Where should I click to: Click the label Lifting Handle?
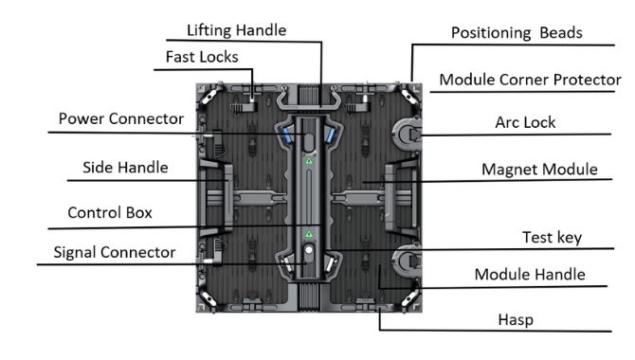[236, 30]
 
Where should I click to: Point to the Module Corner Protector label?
[530, 81]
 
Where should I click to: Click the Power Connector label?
[119, 119]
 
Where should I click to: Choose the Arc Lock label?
[525, 123]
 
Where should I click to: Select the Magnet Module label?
[539, 171]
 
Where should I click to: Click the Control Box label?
[109, 212]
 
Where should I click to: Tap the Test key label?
[551, 237]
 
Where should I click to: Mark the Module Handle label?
[529, 276]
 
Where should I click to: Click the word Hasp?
[515, 320]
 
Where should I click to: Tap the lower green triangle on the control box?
[308, 233]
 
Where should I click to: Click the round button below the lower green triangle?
[308, 252]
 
